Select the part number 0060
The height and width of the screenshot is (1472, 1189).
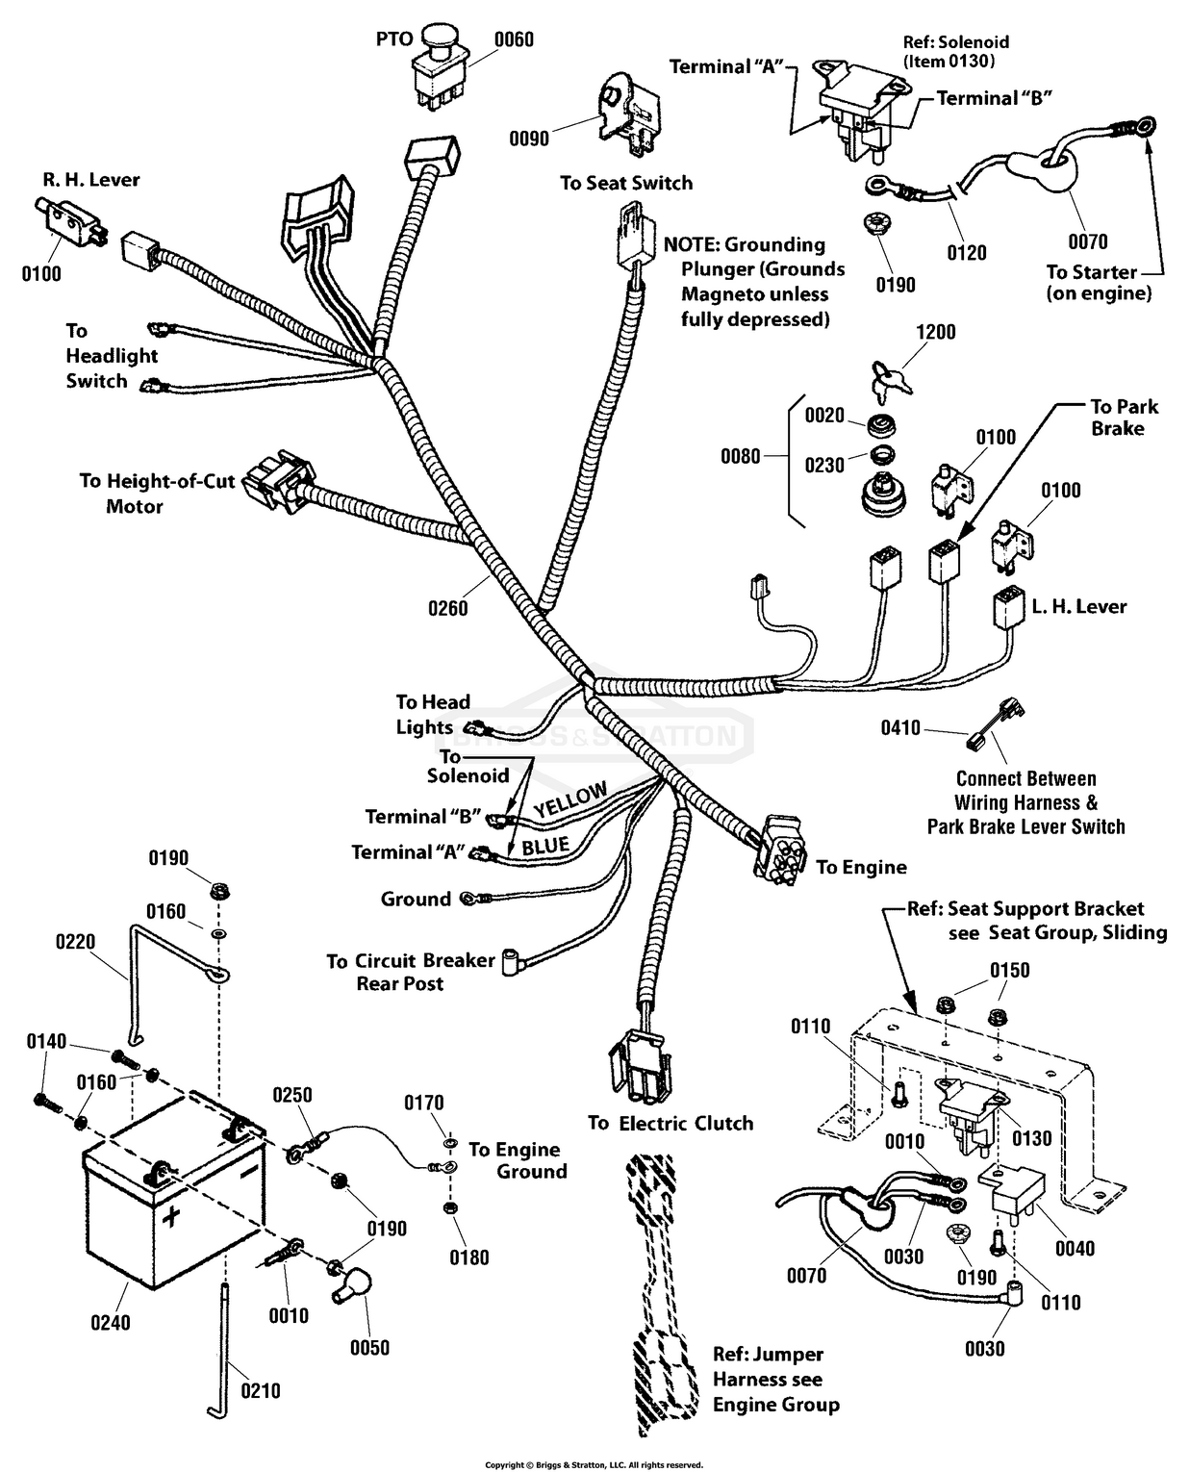tap(514, 39)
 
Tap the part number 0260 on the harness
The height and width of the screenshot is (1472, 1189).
tap(448, 608)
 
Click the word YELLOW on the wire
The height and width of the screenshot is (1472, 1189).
tap(570, 799)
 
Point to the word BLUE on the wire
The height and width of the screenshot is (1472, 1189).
tap(545, 846)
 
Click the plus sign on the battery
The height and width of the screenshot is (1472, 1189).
tap(170, 1217)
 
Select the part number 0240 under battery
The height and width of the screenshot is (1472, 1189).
tap(111, 1322)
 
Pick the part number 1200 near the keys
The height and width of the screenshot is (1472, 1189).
tap(935, 332)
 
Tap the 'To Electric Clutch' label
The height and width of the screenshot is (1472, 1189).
tap(670, 1123)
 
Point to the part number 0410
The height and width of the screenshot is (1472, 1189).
tap(900, 728)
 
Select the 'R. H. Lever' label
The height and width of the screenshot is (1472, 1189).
tap(91, 180)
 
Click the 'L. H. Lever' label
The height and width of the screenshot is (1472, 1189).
tap(1078, 606)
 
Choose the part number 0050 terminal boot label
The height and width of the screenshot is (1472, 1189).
tap(369, 1347)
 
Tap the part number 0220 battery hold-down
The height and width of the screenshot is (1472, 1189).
tap(75, 941)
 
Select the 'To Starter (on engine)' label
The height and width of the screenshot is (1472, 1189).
tap(1098, 283)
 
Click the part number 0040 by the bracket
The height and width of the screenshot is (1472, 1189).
tap(1075, 1248)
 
